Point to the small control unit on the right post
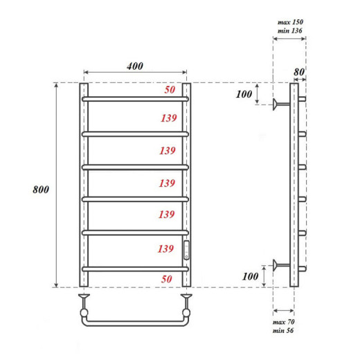tap(186, 251)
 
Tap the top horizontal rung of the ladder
tap(135, 99)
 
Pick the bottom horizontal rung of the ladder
tap(135, 268)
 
